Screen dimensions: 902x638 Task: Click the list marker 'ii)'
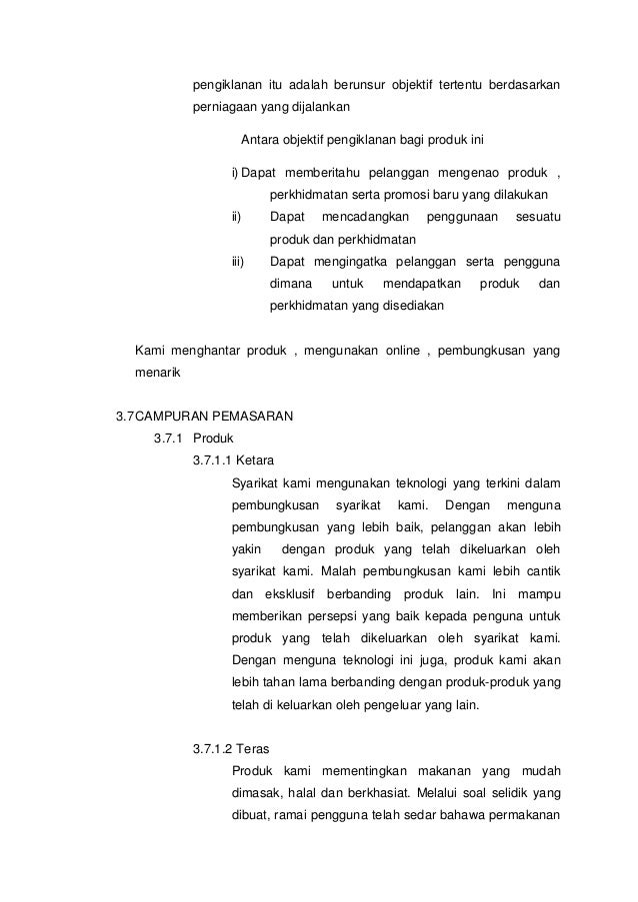pos(237,217)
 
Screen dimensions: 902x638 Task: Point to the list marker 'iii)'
pos(238,262)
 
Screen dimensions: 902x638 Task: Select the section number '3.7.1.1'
pos(212,460)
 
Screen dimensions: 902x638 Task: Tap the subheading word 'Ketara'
pos(256,460)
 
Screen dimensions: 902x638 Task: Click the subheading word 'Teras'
pos(253,747)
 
